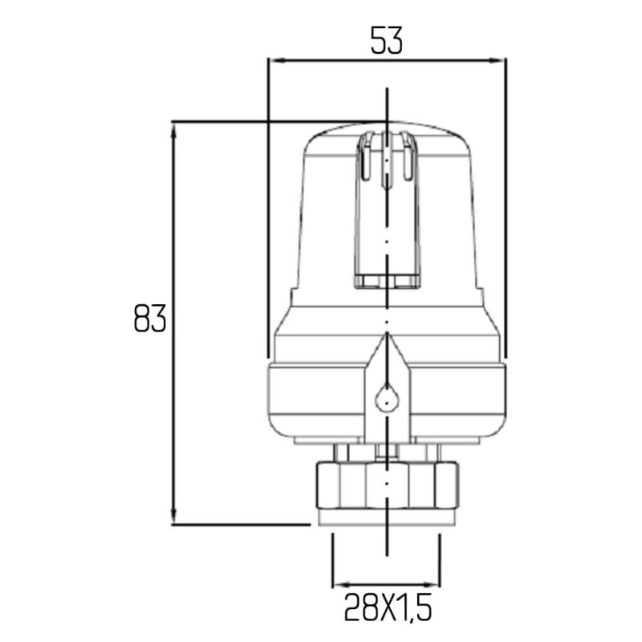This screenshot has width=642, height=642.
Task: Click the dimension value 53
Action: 386,39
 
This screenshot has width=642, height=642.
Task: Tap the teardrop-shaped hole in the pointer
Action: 387,398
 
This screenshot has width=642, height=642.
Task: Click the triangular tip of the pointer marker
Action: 387,342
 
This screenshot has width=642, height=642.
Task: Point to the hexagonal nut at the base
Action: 387,485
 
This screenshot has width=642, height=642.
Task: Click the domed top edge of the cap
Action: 387,125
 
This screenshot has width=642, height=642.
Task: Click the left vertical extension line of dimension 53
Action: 267,209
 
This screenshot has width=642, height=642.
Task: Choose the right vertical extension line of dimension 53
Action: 506,209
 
